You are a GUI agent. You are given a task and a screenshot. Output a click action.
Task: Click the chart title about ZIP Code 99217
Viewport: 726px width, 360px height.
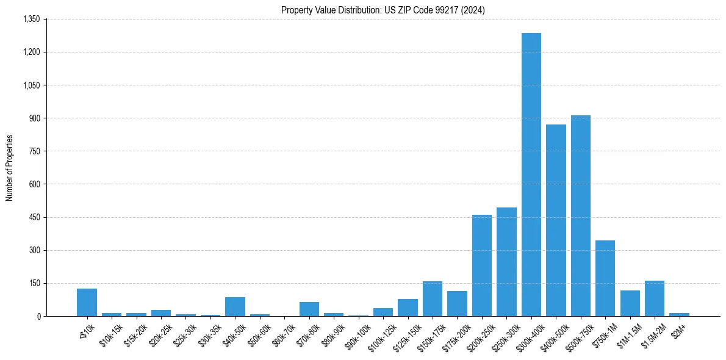coord(383,10)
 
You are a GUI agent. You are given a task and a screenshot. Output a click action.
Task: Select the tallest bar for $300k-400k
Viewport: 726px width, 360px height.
coord(531,175)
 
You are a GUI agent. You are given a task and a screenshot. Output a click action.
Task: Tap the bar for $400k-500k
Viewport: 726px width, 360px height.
coord(556,220)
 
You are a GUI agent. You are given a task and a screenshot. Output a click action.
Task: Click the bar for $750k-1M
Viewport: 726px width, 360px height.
coord(605,278)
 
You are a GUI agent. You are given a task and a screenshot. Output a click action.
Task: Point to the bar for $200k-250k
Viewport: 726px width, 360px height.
coord(482,265)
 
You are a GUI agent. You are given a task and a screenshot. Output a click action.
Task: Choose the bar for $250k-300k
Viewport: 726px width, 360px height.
coord(506,262)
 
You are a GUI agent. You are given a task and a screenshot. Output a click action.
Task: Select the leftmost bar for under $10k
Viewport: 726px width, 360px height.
coord(87,302)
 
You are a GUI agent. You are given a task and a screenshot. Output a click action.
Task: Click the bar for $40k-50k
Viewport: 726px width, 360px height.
coord(235,306)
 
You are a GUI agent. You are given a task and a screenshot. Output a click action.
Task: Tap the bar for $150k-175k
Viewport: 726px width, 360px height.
coord(433,298)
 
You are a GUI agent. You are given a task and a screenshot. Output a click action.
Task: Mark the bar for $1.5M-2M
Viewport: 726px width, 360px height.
coord(655,298)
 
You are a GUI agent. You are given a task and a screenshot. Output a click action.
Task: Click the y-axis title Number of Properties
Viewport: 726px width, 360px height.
coord(10,168)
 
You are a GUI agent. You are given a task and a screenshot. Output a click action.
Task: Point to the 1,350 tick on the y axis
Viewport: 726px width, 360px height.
coord(31,20)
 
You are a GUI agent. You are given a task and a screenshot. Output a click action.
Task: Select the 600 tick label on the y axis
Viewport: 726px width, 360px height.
coord(34,184)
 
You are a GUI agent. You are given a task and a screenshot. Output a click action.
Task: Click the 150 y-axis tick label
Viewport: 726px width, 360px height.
coord(34,283)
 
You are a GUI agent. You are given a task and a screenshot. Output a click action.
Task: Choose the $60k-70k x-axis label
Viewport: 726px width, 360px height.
coord(284,333)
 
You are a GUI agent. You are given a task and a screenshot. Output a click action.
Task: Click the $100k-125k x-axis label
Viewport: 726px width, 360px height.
coord(381,334)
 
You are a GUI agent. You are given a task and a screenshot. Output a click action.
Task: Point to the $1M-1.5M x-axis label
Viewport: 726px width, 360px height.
coord(628,333)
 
